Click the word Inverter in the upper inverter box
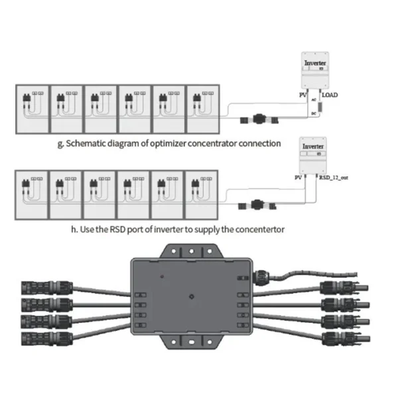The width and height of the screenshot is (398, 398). pyautogui.click(x=314, y=64)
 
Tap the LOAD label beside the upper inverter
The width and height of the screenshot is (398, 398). pyautogui.click(x=330, y=96)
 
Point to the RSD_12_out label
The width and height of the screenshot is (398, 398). pyautogui.click(x=333, y=178)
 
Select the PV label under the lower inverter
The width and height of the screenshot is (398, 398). pyautogui.click(x=298, y=178)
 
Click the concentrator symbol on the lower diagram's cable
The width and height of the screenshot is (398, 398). pyautogui.click(x=255, y=205)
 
